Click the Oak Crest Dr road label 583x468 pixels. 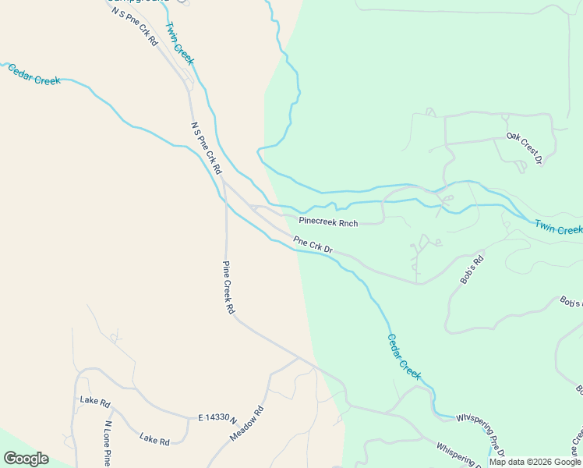(524, 148)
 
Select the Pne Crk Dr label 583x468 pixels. (313, 245)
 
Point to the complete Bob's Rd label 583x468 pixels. (473, 268)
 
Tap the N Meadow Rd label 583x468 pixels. (248, 424)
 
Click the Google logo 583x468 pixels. (26, 459)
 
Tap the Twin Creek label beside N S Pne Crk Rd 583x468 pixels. (179, 44)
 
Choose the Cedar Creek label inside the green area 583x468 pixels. (405, 357)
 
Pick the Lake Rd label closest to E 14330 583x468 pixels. (154, 440)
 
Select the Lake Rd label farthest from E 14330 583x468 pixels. (95, 401)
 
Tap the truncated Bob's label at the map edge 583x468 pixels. (571, 302)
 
